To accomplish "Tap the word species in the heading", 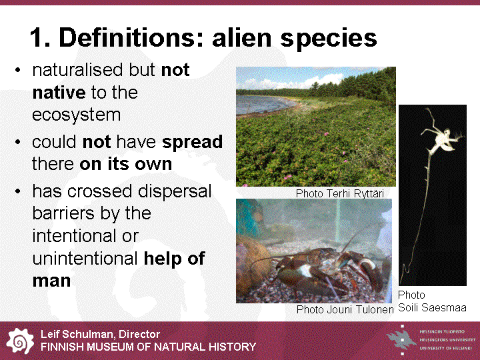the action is [329, 39].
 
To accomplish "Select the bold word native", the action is [59, 93].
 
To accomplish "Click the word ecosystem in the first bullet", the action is [76, 115].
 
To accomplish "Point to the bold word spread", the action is [192, 143].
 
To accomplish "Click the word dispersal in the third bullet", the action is [175, 192].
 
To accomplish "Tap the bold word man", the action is [51, 281].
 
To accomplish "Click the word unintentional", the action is [85, 259].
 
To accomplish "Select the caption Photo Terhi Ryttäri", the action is [340, 193].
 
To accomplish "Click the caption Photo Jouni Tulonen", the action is [345, 309].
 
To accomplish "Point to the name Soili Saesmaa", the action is [432, 307].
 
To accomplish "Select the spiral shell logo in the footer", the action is [20, 341].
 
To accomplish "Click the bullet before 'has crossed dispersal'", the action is [18, 191].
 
